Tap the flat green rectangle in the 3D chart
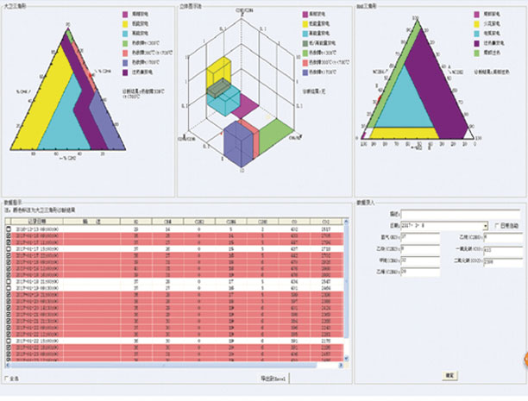tap(275, 133)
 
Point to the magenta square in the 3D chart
tap(246, 105)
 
